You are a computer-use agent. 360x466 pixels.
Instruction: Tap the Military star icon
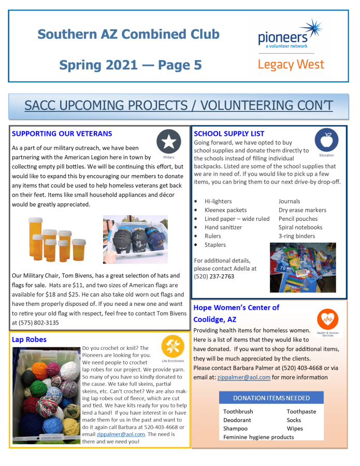tap(168, 142)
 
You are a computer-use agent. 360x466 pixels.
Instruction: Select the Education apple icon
tap(326, 140)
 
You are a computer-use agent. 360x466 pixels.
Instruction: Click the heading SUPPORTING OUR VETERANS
tap(62, 134)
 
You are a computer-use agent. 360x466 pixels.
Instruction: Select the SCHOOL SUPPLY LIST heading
tap(229, 134)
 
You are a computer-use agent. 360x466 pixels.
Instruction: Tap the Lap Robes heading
tap(29, 340)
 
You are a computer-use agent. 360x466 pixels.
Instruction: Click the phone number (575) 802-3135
tap(35, 323)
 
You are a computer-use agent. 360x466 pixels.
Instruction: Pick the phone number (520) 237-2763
tap(214, 276)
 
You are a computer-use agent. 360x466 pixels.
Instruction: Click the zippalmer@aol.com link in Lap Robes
tap(121, 434)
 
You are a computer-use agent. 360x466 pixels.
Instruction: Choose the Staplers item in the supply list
tap(215, 245)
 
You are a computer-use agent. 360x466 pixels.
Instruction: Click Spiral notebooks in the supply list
tap(300, 228)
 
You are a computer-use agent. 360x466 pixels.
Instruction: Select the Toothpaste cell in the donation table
tap(301, 412)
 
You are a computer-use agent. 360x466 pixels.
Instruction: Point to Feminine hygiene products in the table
tap(258, 437)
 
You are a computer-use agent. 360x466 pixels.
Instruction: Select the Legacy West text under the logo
tap(291, 65)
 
